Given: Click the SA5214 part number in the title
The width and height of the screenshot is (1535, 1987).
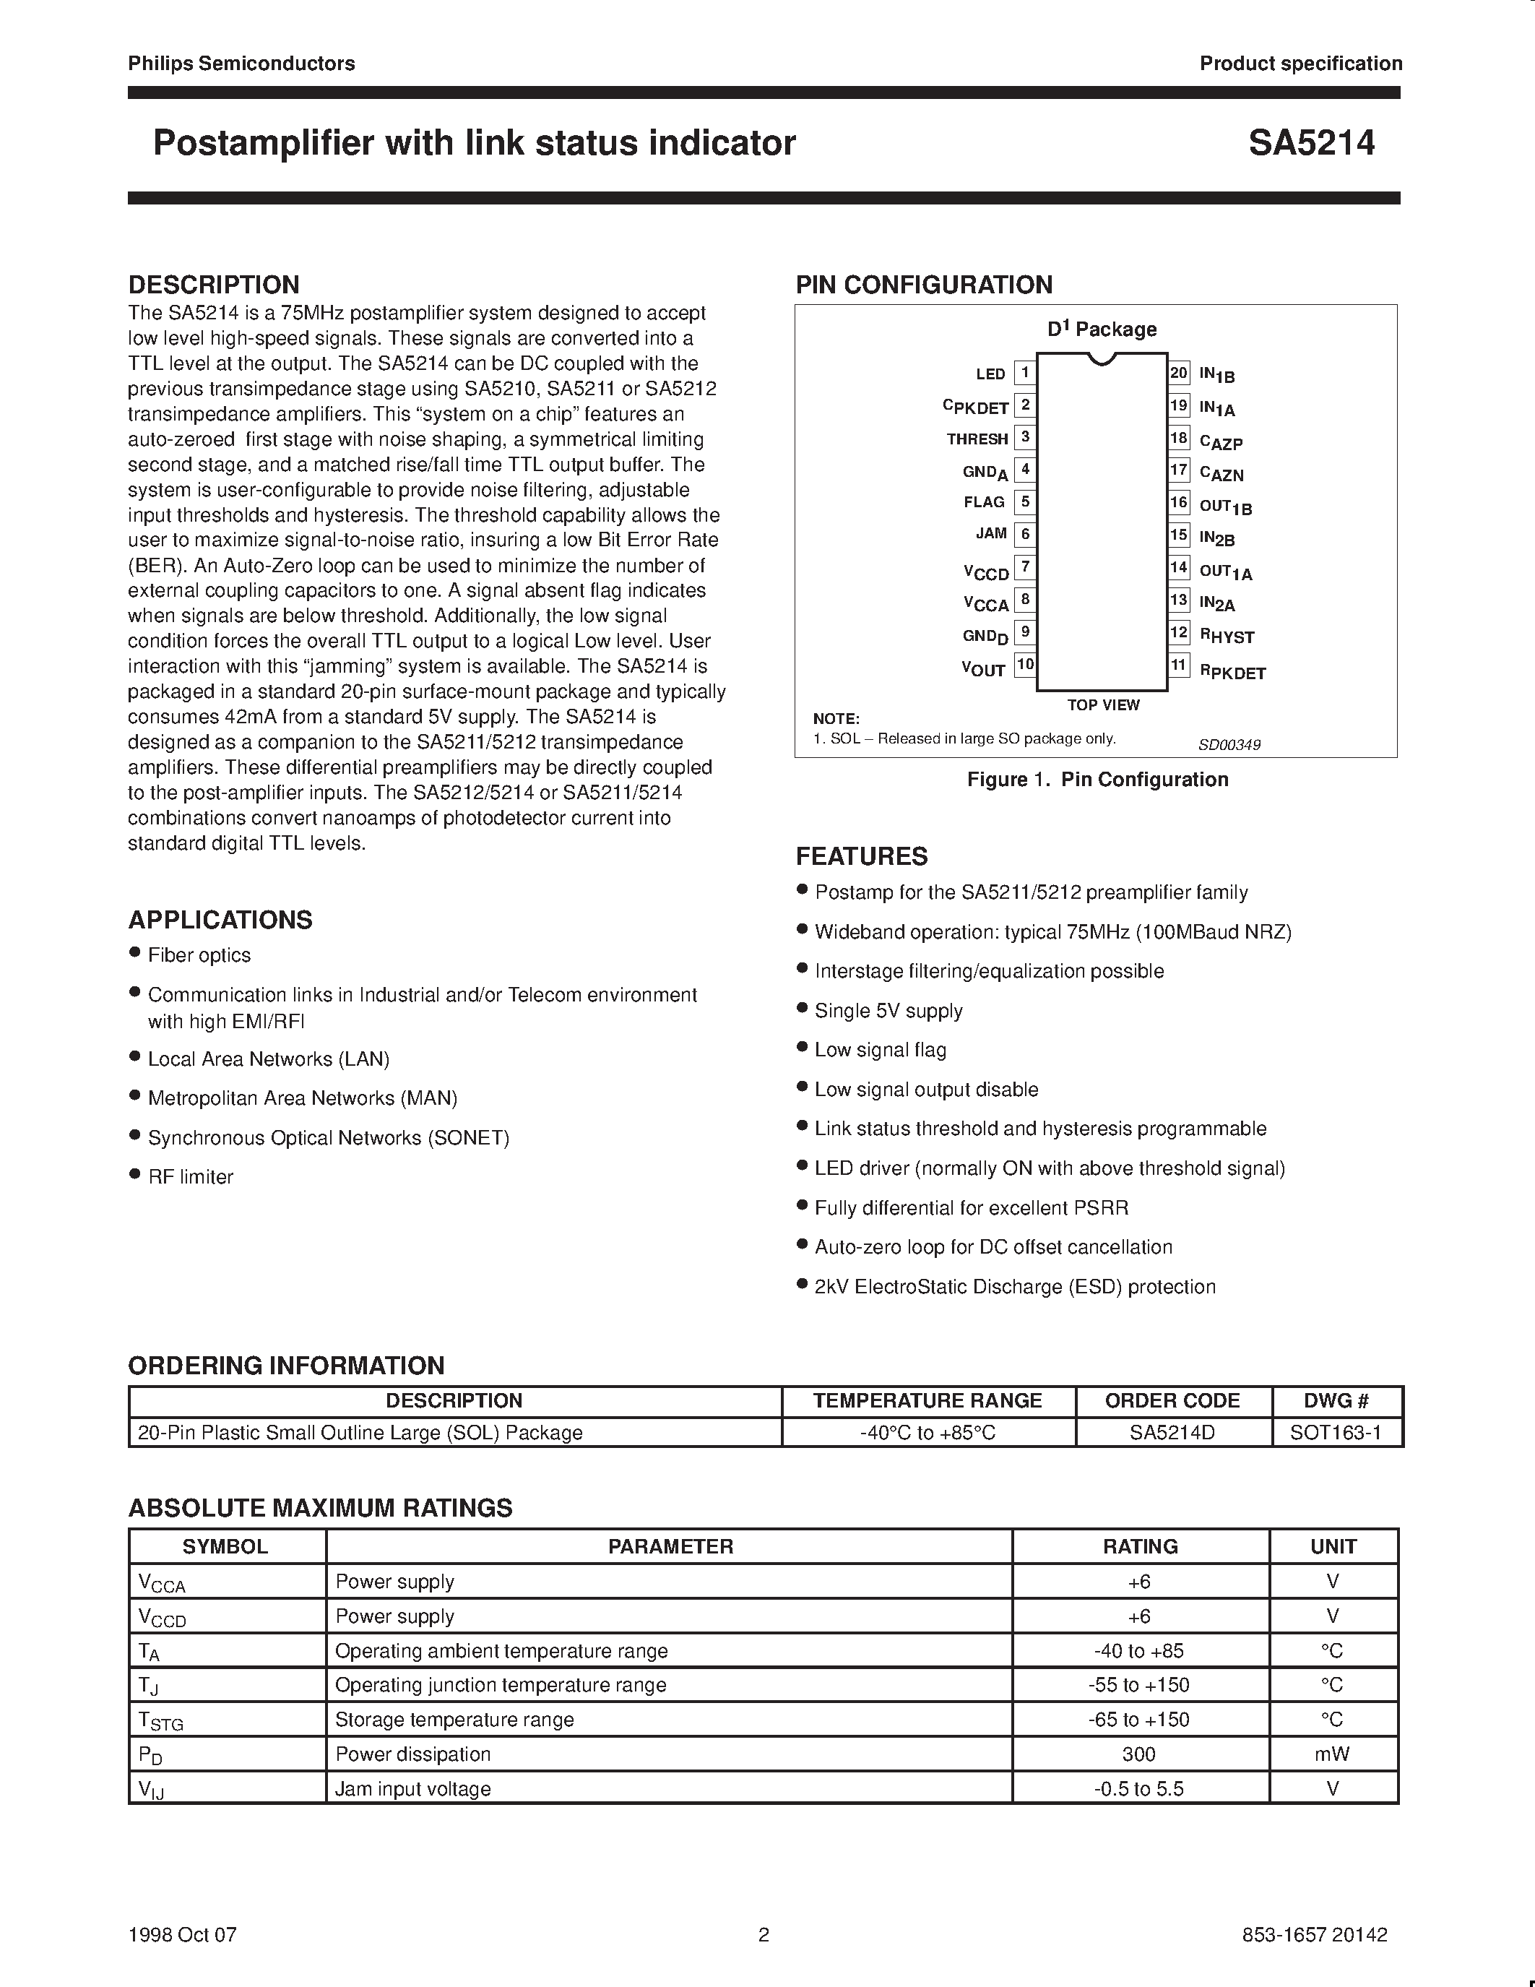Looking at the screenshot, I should [x=1310, y=143].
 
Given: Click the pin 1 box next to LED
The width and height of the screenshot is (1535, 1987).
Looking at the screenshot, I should [x=1025, y=372].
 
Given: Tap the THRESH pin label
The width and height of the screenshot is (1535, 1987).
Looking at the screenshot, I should [x=977, y=439].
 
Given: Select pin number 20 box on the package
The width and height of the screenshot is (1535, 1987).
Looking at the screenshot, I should [x=1179, y=372].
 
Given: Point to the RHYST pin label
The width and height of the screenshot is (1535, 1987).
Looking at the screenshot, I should [x=1227, y=637].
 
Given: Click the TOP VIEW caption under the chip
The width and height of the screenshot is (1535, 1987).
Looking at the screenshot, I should [x=1102, y=705].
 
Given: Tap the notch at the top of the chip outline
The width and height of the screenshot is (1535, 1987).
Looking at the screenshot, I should [x=1102, y=358].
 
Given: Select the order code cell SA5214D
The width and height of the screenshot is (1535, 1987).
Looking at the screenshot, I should [x=1172, y=1432].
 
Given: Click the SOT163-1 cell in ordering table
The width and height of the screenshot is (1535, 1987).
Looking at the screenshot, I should [x=1335, y=1432].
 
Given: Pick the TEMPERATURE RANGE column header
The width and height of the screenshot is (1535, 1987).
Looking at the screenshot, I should [x=927, y=1400].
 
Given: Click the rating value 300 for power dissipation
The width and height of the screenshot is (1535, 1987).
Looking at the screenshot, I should [x=1138, y=1753].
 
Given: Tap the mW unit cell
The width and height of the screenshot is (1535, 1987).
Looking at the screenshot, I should [x=1332, y=1753].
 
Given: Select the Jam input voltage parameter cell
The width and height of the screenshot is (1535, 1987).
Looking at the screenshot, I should [x=413, y=1789].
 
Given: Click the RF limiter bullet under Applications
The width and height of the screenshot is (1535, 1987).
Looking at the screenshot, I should [x=190, y=1176].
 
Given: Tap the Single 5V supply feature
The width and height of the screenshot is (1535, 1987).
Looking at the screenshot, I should [x=888, y=1010].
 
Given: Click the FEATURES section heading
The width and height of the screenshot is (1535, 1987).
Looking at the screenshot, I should [x=861, y=856].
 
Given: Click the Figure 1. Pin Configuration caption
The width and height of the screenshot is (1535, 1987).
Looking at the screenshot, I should [x=1097, y=779].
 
